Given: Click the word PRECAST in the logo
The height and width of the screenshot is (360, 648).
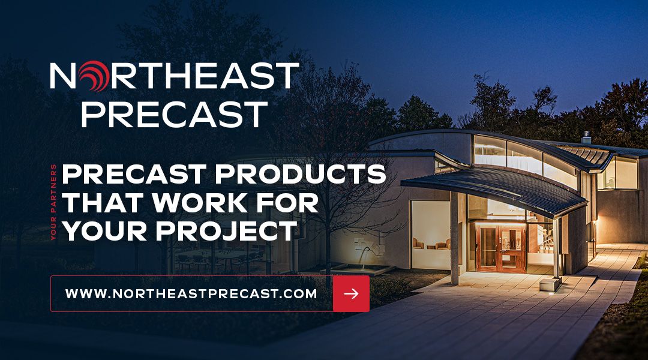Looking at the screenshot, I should point(174,114).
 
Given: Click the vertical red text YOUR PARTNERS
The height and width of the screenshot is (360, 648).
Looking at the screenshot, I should point(54,202).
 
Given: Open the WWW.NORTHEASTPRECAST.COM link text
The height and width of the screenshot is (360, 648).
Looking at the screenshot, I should point(191,294).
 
